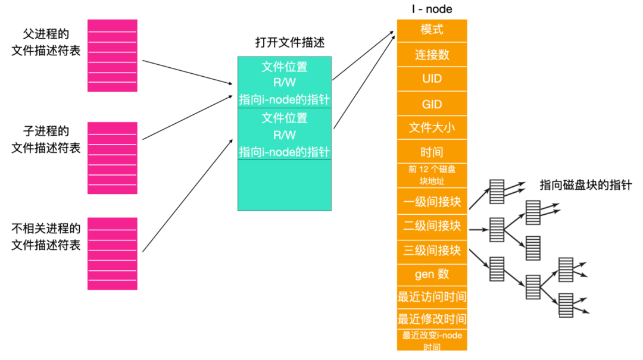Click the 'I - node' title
pos(432,9)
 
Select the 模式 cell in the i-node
pos(432,30)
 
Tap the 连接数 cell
pos(432,55)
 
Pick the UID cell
pos(432,79)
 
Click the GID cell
pos(432,104)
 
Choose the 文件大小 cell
pos(432,127)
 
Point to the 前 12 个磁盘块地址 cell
pos(432,176)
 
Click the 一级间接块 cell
pos(432,201)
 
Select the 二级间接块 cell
pos(432,227)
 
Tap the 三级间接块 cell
pos(432,251)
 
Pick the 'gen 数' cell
pos(432,274)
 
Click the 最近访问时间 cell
pos(432,297)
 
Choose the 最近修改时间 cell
pos(432,318)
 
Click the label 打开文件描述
pos(289,42)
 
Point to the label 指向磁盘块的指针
pos(585,185)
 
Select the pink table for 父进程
pos(113,55)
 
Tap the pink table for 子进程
pos(113,158)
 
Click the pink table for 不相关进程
pos(113,253)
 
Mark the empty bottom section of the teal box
pos(285,185)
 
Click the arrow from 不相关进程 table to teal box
pos(188,195)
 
